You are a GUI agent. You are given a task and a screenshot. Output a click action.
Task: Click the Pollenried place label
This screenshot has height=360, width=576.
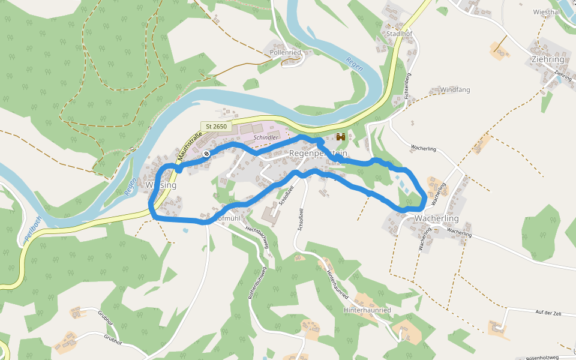(286, 53)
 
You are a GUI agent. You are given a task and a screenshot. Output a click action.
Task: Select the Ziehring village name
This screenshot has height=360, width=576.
(547, 59)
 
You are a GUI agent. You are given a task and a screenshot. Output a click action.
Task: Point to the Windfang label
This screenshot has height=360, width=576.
(455, 89)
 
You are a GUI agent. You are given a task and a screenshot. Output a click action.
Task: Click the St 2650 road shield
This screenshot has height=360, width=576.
(216, 126)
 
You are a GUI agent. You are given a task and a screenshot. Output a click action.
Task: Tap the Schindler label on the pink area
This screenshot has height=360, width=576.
(266, 137)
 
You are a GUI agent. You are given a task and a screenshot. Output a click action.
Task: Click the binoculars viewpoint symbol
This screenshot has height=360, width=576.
(341, 137)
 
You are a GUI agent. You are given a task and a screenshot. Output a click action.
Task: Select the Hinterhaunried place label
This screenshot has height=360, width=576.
(367, 310)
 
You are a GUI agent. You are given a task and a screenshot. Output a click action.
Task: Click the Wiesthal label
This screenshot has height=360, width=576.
(546, 12)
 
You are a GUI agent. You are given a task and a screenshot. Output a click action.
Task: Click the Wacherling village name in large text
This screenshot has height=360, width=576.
(436, 218)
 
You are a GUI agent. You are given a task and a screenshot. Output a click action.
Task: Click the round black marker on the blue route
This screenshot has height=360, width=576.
(206, 154)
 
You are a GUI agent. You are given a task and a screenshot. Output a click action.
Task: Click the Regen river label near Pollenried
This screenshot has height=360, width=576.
(354, 64)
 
